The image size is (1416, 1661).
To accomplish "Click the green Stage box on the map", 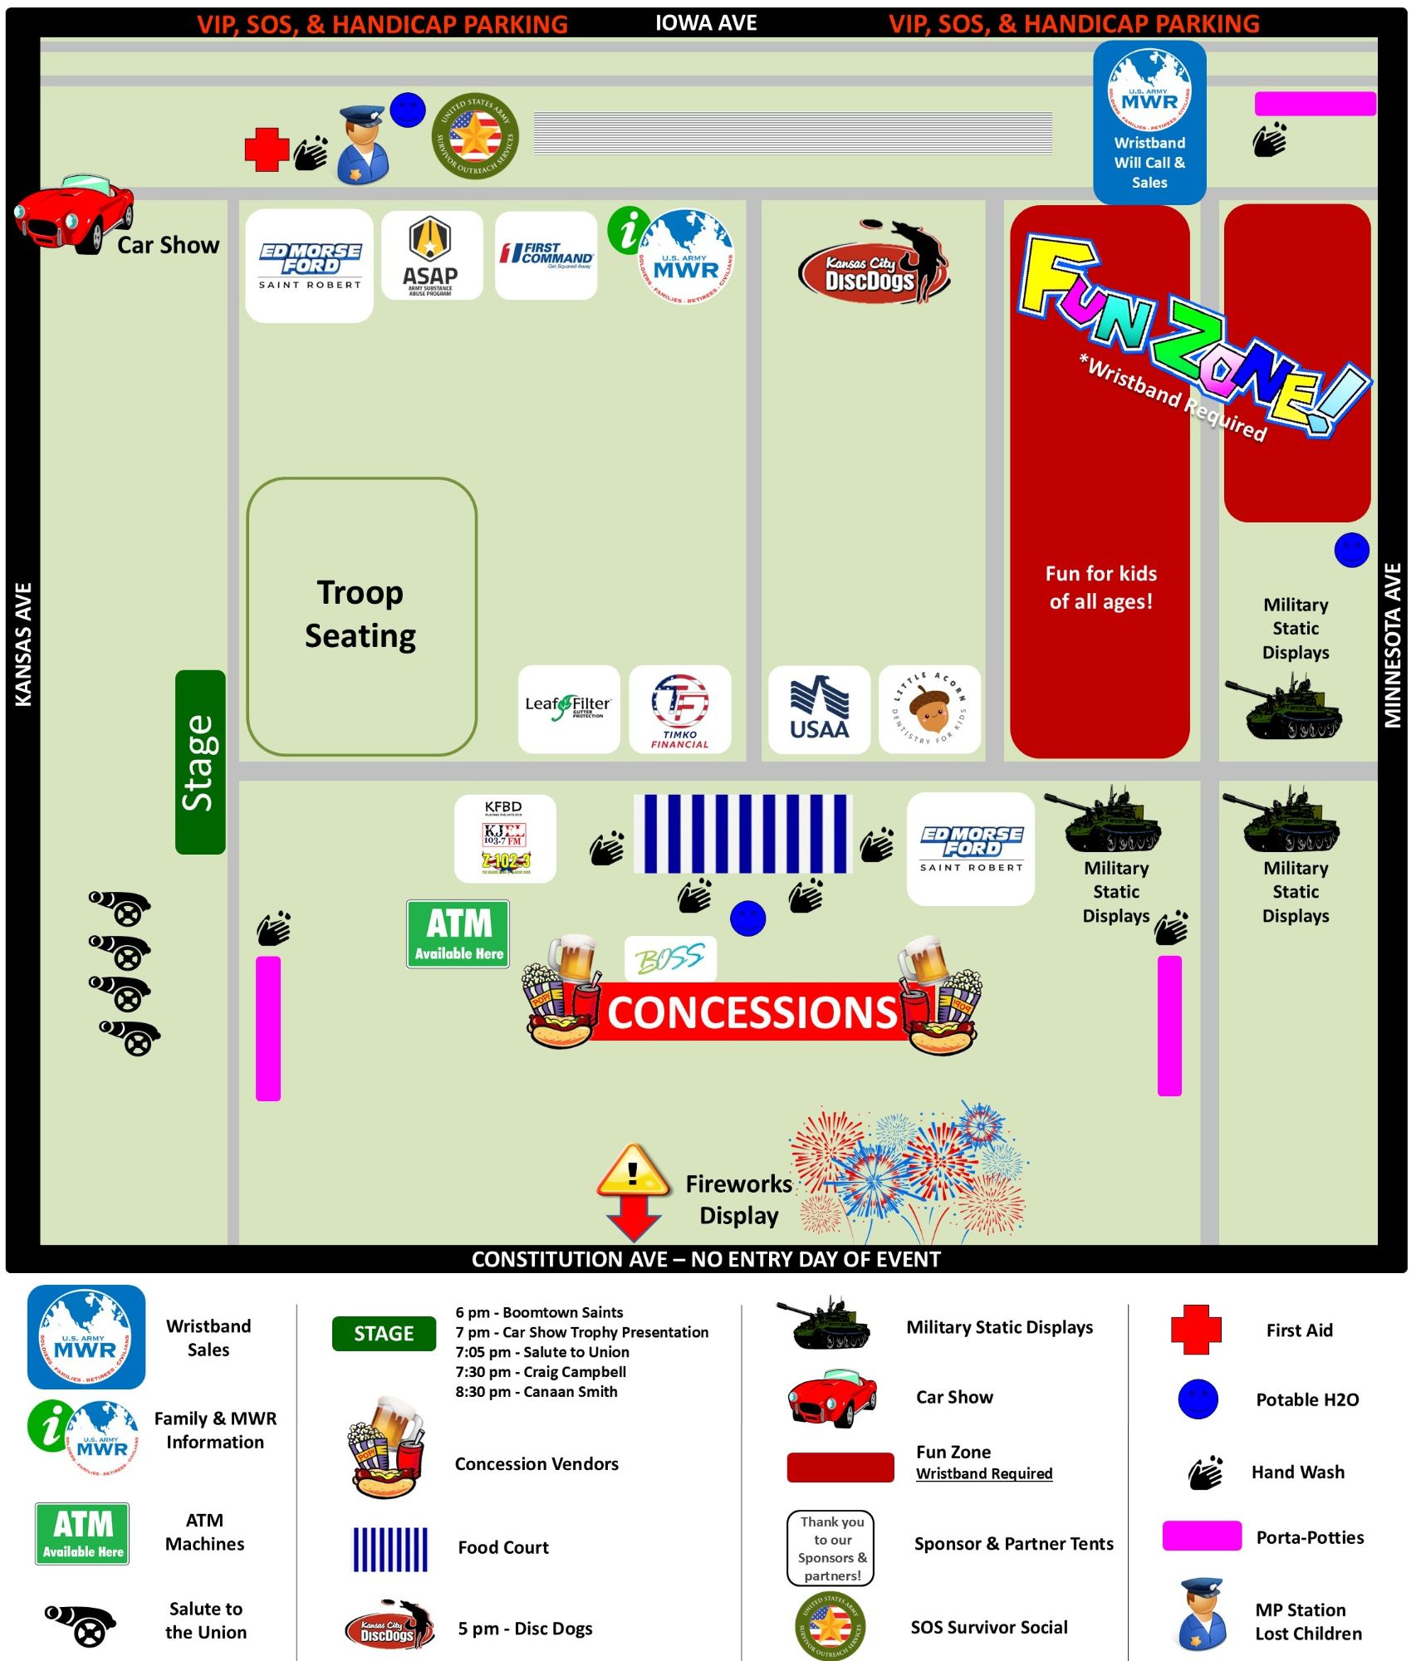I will point(200,762).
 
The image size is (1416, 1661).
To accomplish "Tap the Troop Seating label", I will point(360,614).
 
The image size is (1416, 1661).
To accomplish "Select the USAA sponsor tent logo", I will point(819,709).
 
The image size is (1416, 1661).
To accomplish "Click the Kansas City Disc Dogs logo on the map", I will point(871,264).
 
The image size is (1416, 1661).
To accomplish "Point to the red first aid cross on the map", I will point(267,149).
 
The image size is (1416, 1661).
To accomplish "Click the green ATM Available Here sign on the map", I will point(458,933).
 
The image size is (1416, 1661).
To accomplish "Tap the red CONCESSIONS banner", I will point(752,1012).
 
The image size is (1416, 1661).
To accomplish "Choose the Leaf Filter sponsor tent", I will point(568,708).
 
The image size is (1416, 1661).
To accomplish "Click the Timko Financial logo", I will point(679,709).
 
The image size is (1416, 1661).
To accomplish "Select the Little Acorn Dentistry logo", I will point(929,709).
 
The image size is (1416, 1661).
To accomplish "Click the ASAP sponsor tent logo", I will point(431,256).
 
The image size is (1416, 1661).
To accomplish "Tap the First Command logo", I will point(546,255).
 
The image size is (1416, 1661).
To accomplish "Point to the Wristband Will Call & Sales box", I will point(1149,123).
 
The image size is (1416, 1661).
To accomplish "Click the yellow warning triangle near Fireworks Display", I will point(633,1171).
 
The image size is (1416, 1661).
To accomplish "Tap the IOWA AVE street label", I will point(706,22).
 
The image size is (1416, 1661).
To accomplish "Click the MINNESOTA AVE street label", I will point(1393,645).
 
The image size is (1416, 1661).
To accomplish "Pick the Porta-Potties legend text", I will point(1310,1537).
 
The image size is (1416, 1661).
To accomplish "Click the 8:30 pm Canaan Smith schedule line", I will point(536,1392).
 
